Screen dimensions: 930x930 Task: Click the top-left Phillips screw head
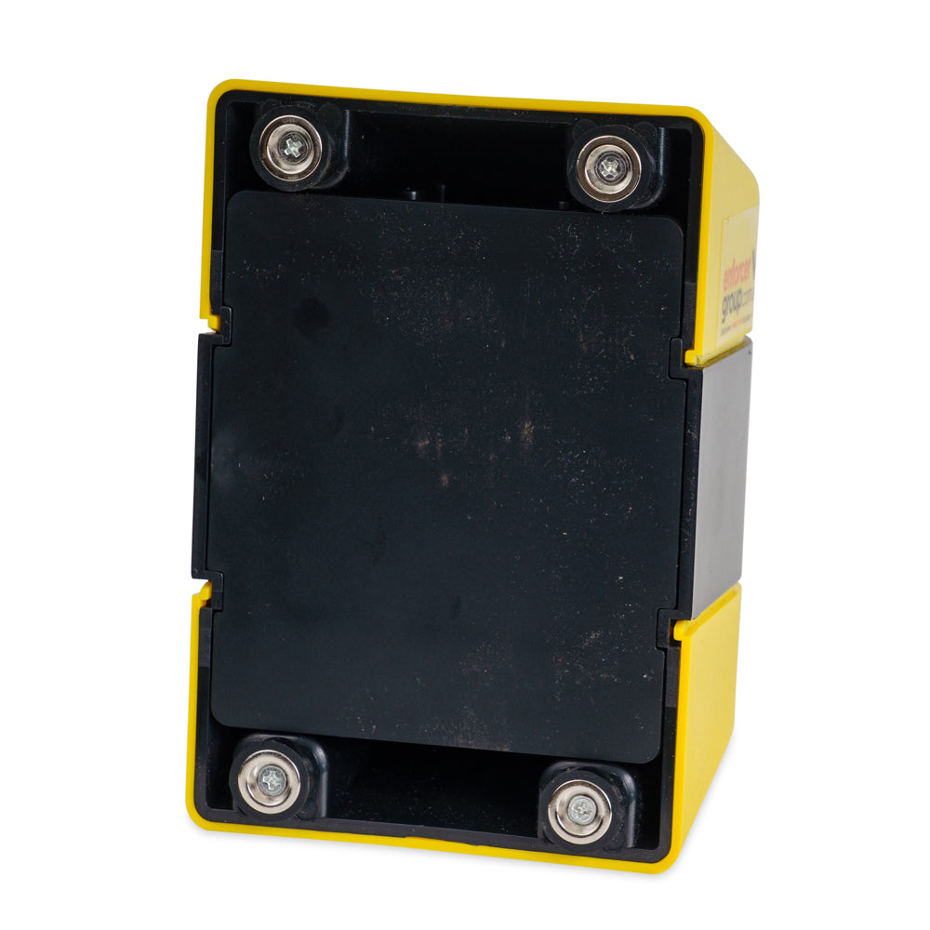tap(294, 146)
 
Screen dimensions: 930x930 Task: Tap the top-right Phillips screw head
tap(608, 168)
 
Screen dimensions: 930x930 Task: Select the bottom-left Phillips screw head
tap(271, 780)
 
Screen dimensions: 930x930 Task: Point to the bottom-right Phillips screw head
tap(578, 809)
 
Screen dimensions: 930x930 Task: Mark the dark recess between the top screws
tap(456, 158)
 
